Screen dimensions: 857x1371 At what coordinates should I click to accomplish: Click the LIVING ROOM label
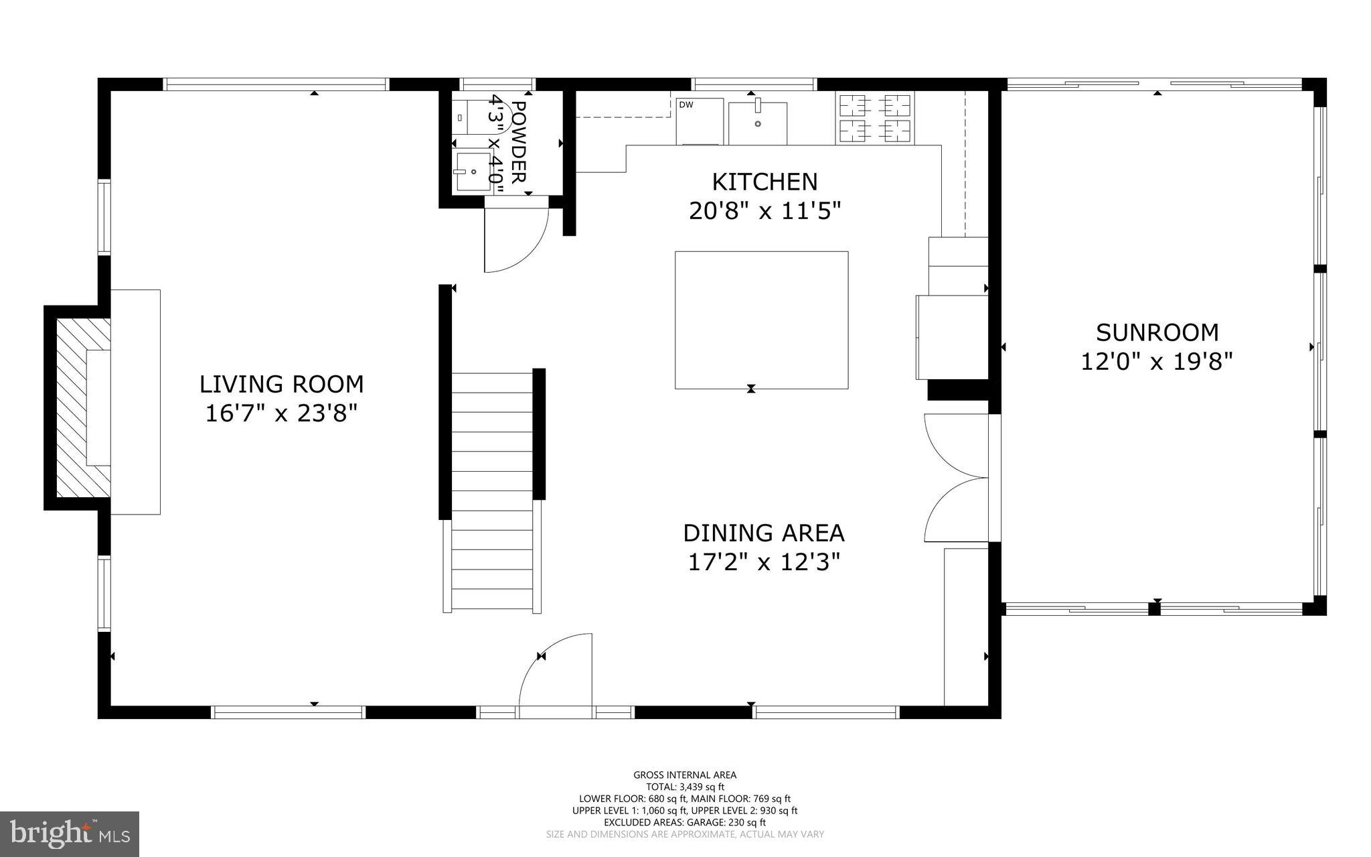click(281, 384)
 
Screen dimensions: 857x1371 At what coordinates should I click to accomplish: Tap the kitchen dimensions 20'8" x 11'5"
click(764, 211)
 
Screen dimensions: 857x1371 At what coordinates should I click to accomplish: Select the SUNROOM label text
click(1157, 332)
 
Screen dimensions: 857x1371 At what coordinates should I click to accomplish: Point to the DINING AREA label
click(763, 533)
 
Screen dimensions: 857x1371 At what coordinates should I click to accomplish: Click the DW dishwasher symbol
click(699, 121)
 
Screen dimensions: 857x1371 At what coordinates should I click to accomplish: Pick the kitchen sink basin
click(757, 122)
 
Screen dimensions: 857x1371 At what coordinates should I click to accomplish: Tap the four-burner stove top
click(874, 118)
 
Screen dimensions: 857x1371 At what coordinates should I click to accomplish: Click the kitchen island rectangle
click(761, 320)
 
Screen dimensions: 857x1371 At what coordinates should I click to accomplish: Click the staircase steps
click(492, 492)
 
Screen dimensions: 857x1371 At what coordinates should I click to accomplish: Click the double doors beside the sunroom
click(956, 477)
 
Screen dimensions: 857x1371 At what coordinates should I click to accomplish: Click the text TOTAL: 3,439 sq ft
click(685, 787)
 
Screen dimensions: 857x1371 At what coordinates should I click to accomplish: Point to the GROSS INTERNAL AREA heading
click(685, 775)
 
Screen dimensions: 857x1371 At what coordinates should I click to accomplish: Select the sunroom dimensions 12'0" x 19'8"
click(1157, 362)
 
